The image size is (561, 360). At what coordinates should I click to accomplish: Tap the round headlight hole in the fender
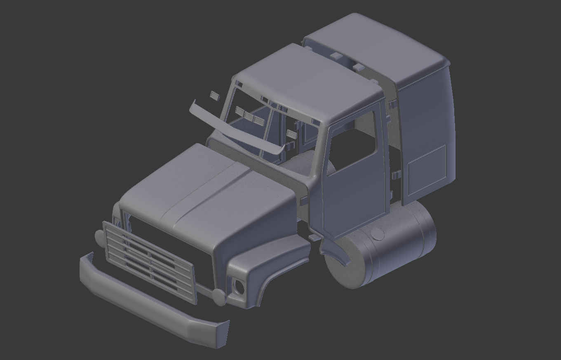[239, 286]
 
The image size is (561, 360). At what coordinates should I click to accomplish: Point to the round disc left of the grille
[99, 237]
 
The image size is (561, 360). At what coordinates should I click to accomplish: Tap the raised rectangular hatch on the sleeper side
[427, 169]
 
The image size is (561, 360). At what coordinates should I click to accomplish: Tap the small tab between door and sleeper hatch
[396, 175]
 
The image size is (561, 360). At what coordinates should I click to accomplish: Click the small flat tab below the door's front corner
[314, 238]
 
